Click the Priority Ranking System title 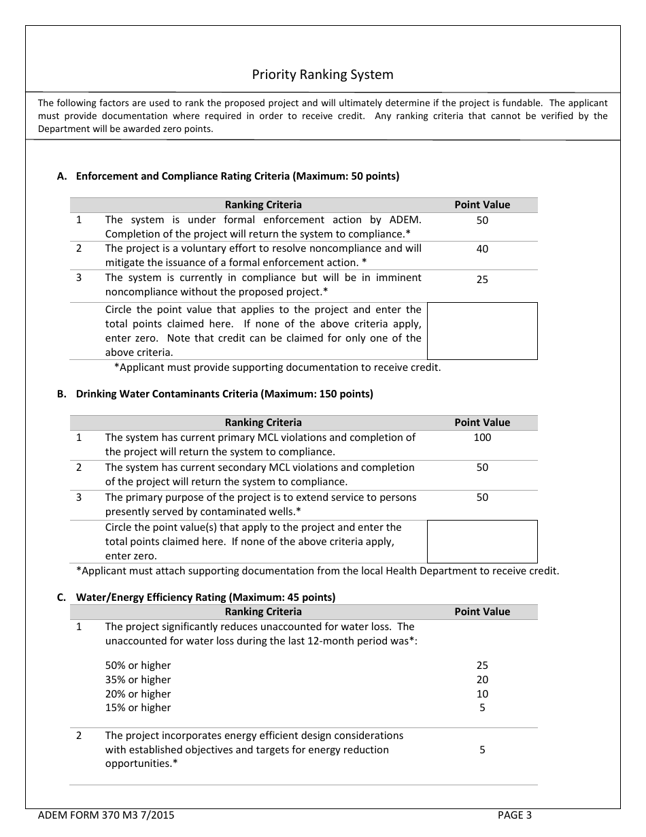tap(322, 74)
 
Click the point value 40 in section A tap(482, 249)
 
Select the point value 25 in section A tap(482, 279)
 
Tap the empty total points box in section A tap(482, 331)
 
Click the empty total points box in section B tap(482, 542)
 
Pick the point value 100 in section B tap(482, 438)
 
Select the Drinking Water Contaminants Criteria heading tap(224, 394)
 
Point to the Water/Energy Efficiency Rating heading tap(205, 597)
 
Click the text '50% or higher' tap(138, 666)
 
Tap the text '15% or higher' tap(138, 708)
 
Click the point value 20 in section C tap(482, 680)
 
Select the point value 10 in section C tap(482, 694)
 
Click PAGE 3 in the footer tap(515, 815)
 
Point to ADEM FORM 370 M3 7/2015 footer tap(106, 815)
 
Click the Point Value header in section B tap(482, 423)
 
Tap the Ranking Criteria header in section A tap(263, 205)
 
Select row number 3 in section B tap(79, 497)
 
